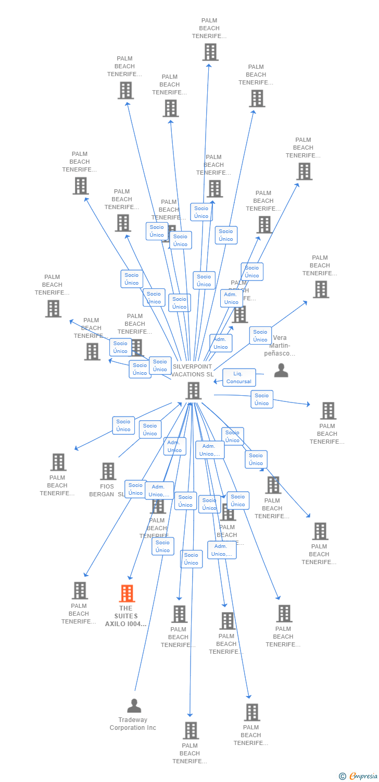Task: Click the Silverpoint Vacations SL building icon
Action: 193,390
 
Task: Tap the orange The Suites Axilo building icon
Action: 127,593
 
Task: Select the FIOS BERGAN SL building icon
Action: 108,471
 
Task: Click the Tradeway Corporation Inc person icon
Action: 134,705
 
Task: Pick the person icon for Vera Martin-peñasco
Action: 281,370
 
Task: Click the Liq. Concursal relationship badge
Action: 239,377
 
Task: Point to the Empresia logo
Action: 363,776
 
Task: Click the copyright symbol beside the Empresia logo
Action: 342,776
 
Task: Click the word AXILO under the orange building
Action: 115,624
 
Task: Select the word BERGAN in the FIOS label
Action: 102,494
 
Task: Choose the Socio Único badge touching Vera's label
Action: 260,335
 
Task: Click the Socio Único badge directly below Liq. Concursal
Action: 262,399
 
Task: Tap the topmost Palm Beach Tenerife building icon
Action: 210,52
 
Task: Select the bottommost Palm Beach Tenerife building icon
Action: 191,730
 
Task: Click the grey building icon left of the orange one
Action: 80,591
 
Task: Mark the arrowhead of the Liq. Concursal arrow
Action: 214,382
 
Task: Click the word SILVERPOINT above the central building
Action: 192,366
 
